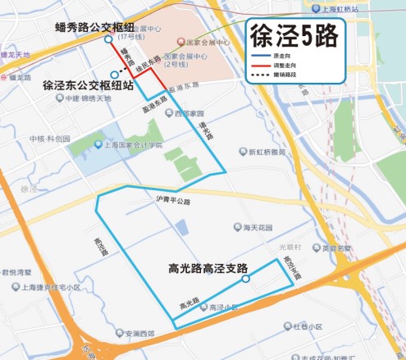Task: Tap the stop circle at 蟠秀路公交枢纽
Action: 107,39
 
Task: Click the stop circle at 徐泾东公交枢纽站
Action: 101,73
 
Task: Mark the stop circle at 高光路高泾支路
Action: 245,280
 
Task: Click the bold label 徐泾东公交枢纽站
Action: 88,84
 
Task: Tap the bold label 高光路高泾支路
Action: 208,267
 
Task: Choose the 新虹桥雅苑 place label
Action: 269,152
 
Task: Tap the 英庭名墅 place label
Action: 336,247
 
